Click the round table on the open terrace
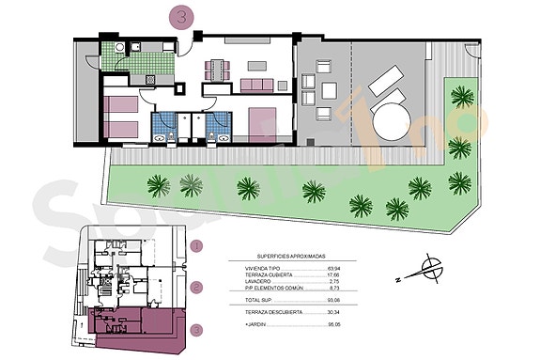pyautogui.click(x=392, y=120)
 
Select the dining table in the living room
pyautogui.click(x=219, y=68)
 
